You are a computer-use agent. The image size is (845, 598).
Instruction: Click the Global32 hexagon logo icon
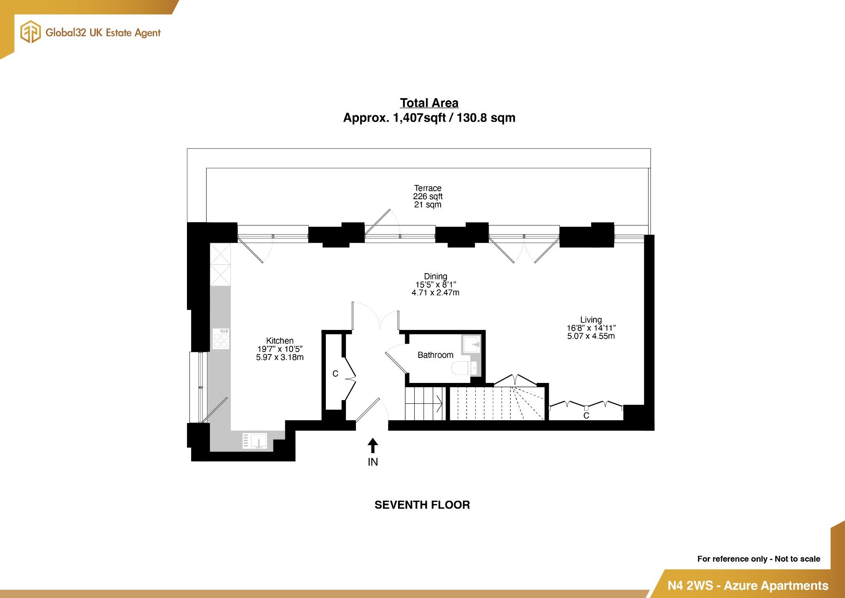tap(30, 33)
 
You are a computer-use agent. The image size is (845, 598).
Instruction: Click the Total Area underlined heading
tap(429, 103)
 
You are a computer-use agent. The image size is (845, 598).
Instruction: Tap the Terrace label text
tap(427, 188)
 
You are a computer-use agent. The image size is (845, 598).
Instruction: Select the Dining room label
tap(435, 276)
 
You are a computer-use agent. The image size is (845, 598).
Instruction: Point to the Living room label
tap(590, 320)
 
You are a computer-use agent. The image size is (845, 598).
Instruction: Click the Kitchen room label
tap(280, 341)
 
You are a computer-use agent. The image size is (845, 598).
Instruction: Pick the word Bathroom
tap(435, 355)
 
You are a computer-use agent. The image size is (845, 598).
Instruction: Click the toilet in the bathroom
tap(462, 368)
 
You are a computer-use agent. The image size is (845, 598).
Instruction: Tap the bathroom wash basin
tap(472, 345)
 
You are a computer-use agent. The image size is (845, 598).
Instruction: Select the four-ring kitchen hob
tap(221, 339)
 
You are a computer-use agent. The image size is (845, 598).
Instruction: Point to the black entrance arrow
tap(373, 446)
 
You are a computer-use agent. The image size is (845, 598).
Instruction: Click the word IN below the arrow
tap(373, 462)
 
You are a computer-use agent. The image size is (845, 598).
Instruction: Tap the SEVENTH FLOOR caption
tap(422, 505)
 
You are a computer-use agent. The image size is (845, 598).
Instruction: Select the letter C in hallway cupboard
tap(335, 374)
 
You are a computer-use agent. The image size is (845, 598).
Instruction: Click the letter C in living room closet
tap(586, 416)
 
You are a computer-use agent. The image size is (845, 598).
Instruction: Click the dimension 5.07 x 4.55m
tap(590, 336)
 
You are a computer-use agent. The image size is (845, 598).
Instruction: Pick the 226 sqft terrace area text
tap(427, 196)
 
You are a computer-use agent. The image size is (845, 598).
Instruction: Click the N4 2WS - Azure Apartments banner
tap(747, 585)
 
